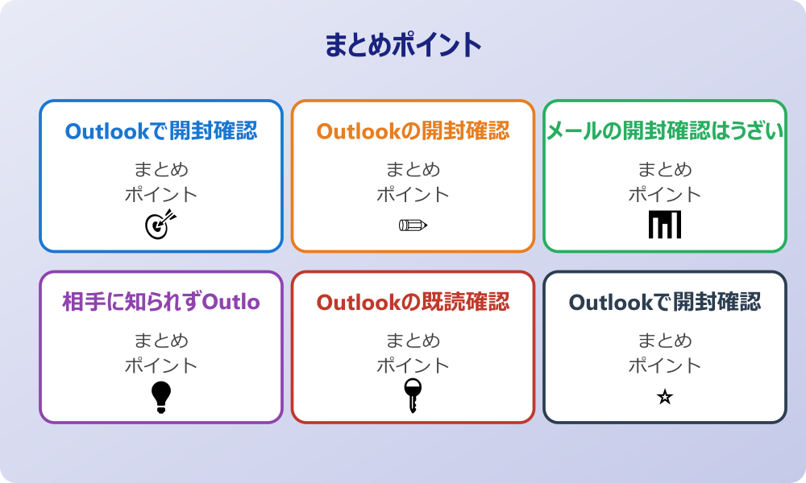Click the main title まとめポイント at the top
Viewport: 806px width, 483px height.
pos(403,44)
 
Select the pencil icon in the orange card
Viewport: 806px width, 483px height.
pos(413,225)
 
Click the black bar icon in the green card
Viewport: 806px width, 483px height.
pos(665,224)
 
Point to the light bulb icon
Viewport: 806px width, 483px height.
pos(161,396)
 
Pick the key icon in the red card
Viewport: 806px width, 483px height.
pos(413,395)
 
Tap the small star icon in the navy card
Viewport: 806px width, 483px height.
pos(665,397)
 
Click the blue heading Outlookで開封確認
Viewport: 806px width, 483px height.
pos(161,131)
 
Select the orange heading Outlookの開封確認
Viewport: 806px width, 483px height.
pos(413,131)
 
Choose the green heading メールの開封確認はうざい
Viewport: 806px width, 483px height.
pos(665,131)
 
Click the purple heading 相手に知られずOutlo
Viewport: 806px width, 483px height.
pos(161,302)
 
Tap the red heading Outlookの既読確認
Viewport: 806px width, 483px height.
pos(413,302)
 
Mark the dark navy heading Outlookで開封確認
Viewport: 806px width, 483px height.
pos(665,302)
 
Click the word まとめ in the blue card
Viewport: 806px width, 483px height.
pos(161,170)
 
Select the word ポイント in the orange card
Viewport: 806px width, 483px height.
pos(413,194)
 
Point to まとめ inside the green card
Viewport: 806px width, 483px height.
pos(665,170)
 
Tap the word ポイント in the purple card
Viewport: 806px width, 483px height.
pos(161,365)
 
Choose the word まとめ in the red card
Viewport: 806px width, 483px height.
pos(413,341)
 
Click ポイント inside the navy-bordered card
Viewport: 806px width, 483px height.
pos(665,365)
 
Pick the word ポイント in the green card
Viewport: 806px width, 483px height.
pos(665,194)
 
